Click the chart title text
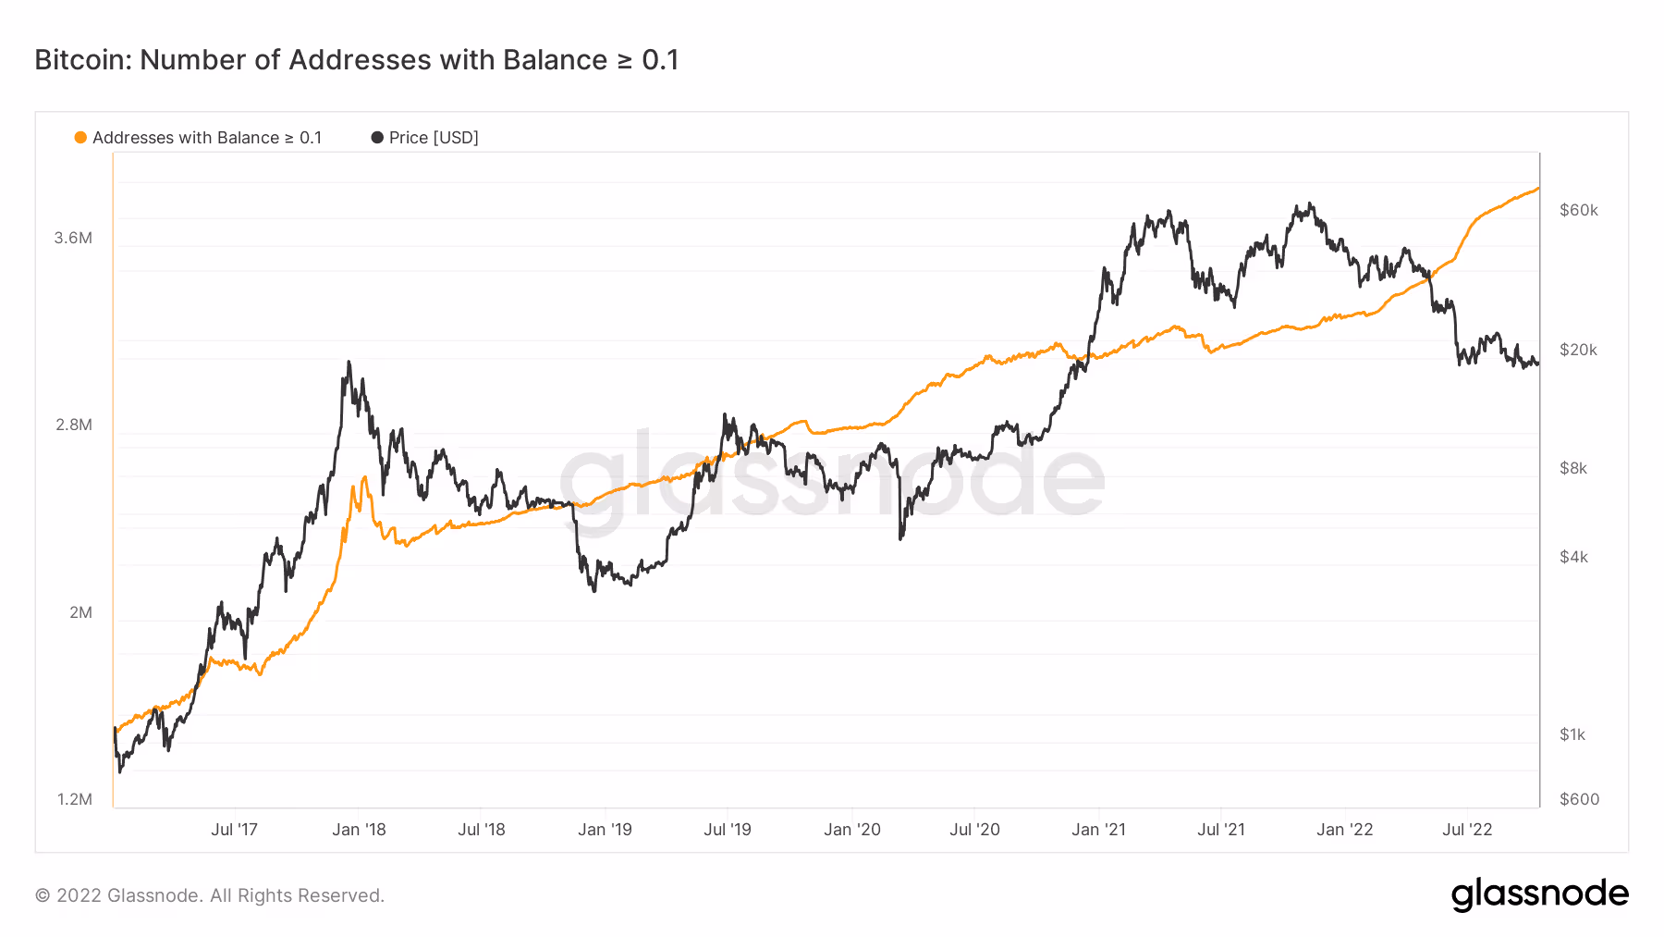[x=357, y=60]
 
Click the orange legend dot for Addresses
[x=80, y=138]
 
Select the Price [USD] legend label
[x=433, y=138]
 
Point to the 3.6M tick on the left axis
[x=73, y=238]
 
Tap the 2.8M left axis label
[x=73, y=425]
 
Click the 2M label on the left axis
[x=80, y=612]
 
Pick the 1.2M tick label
[x=74, y=799]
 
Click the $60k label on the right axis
[x=1578, y=210]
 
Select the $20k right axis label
[x=1578, y=350]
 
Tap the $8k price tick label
[x=1573, y=468]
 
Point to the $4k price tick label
[x=1573, y=557]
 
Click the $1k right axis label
[x=1572, y=734]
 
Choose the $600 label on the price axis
[x=1579, y=799]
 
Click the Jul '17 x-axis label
[x=234, y=830]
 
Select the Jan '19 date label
[x=605, y=830]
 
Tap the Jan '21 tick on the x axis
[x=1098, y=830]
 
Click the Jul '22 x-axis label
[x=1467, y=830]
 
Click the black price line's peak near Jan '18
[x=349, y=363]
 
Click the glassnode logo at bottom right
[x=1539, y=894]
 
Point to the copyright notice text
[x=209, y=895]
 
